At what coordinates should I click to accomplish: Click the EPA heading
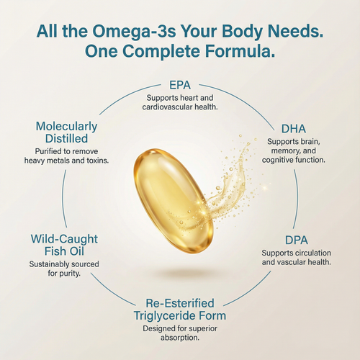click(x=180, y=84)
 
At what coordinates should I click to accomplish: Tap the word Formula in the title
click(x=243, y=53)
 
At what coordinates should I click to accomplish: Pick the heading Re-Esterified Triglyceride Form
click(x=180, y=307)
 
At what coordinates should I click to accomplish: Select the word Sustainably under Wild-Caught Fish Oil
click(x=52, y=264)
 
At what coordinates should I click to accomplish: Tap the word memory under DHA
click(x=283, y=150)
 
